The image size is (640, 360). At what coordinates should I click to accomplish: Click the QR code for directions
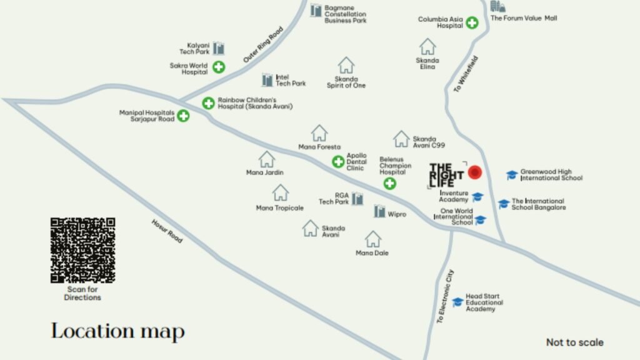82,250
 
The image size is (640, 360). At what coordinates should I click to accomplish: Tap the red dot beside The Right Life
475,172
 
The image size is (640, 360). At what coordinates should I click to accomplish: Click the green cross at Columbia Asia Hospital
472,24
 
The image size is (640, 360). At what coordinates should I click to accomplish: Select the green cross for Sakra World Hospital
219,67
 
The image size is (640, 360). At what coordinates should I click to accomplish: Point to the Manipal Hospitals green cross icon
183,116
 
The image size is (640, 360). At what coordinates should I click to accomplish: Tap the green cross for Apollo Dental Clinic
338,162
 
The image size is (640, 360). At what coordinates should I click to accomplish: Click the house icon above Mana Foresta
319,132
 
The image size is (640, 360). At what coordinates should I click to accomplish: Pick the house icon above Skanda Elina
427,46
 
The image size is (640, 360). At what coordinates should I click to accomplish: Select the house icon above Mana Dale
373,239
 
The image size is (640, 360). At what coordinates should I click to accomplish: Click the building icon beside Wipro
379,211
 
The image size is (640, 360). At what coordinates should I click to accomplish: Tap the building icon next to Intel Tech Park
267,79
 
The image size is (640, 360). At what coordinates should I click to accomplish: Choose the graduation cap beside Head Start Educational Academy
457,302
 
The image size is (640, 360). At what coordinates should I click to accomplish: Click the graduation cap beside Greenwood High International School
512,175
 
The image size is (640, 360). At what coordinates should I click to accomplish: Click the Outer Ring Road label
262,44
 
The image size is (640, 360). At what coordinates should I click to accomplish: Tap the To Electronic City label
445,296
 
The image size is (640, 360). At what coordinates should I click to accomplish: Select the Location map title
117,331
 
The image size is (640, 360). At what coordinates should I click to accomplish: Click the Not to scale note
574,342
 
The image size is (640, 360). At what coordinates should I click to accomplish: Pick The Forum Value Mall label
524,18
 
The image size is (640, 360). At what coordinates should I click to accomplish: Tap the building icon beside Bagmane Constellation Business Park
316,11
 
